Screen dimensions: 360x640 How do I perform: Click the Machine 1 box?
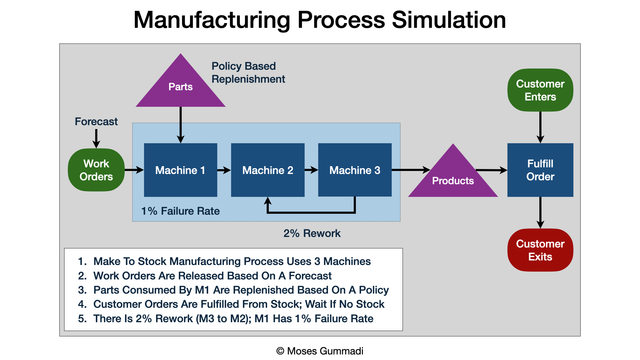(x=180, y=170)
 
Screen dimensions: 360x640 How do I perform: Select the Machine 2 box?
(x=267, y=170)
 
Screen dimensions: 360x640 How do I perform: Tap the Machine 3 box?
(x=354, y=170)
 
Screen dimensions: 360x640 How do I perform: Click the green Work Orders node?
(x=96, y=170)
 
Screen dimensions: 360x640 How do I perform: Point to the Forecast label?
(x=96, y=122)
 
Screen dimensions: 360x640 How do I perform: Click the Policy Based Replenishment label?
(x=248, y=72)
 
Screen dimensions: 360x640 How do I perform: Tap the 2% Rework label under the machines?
(x=311, y=234)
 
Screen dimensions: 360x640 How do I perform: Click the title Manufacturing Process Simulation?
(x=319, y=20)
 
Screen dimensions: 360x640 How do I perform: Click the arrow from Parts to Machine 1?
(x=180, y=128)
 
